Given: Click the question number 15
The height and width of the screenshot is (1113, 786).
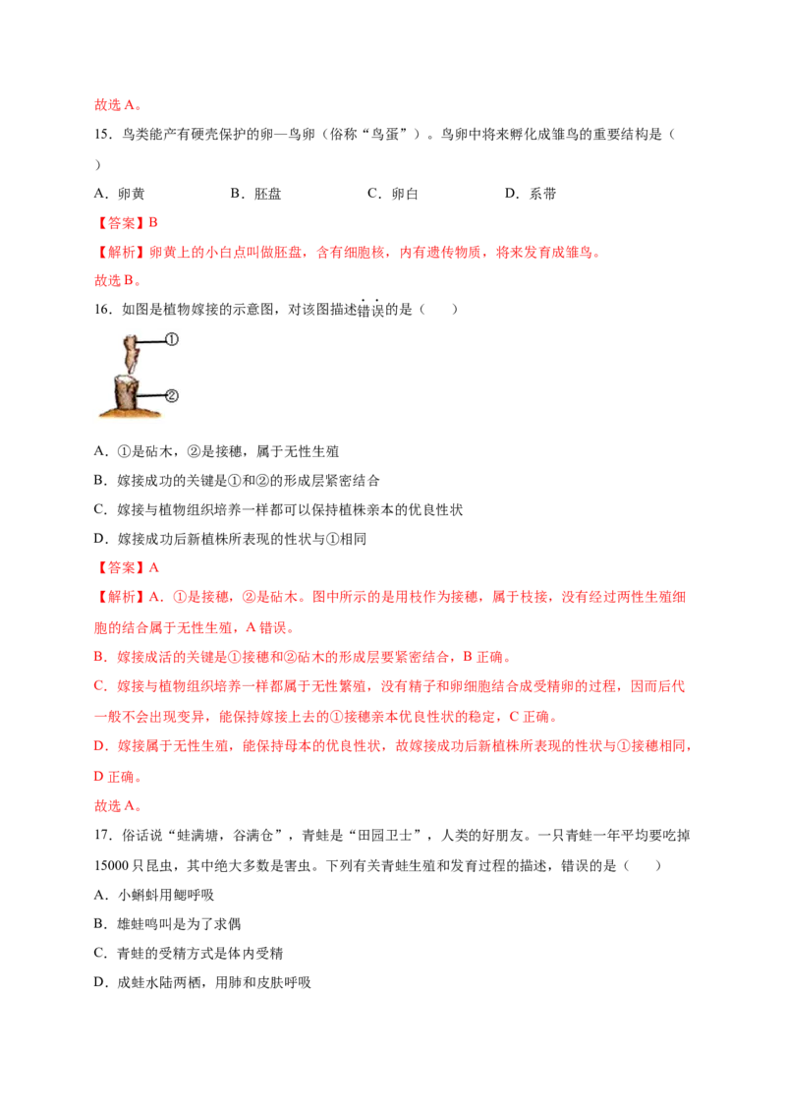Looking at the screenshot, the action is (x=103, y=134).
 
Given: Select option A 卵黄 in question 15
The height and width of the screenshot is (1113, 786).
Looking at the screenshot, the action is (x=119, y=194).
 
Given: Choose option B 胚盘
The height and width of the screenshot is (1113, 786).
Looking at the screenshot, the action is (x=255, y=194).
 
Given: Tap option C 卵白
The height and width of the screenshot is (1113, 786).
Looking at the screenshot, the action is (x=392, y=194).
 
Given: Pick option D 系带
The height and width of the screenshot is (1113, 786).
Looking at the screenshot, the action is (x=530, y=194).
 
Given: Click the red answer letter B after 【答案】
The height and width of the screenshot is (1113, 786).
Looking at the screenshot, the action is (x=152, y=223).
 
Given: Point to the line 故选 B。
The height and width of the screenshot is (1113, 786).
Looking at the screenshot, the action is (x=118, y=281).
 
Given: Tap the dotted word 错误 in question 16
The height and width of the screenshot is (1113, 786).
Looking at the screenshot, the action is (x=369, y=310).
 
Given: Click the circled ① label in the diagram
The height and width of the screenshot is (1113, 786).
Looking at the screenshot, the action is (x=171, y=339).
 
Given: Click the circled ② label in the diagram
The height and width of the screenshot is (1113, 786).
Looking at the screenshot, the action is (x=171, y=395).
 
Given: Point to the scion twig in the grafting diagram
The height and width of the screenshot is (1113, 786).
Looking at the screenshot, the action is (x=131, y=354).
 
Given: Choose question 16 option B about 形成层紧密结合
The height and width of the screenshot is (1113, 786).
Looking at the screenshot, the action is (x=237, y=481).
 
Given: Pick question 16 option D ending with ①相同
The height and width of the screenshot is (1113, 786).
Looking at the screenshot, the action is (x=230, y=539).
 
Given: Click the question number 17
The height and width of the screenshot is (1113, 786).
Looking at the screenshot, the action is (x=103, y=836).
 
